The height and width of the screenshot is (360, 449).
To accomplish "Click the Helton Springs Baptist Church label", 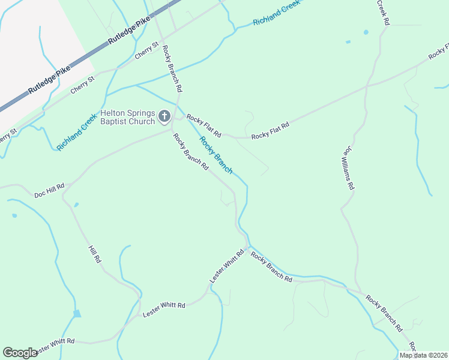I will [x=128, y=117].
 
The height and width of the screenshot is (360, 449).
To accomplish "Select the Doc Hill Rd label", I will [x=49, y=191].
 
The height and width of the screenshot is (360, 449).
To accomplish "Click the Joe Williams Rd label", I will [x=347, y=170].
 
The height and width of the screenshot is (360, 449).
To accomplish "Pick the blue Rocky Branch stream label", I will [x=215, y=155].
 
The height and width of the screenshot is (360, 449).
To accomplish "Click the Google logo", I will [x=20, y=353].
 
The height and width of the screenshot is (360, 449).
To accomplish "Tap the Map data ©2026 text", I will [x=423, y=355].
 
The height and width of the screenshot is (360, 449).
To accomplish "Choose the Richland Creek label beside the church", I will [x=77, y=133].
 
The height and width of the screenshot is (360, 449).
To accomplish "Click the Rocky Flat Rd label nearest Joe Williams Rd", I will [x=270, y=131].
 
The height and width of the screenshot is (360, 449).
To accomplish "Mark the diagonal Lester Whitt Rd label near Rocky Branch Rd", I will [x=228, y=267].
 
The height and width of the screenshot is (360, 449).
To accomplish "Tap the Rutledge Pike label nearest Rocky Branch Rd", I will [x=129, y=32].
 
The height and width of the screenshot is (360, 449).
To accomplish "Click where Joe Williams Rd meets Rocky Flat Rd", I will [x=366, y=86].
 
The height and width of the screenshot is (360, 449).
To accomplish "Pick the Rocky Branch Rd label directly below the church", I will [x=190, y=151].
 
